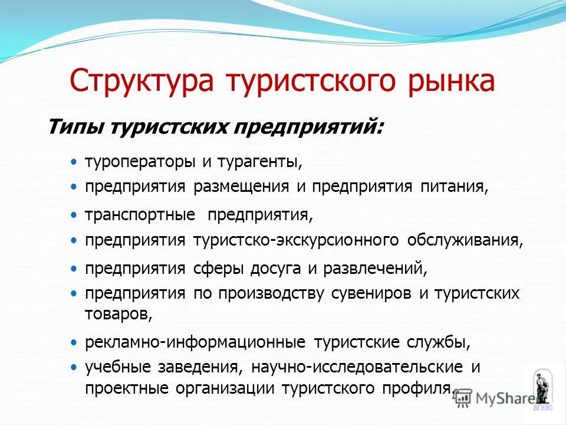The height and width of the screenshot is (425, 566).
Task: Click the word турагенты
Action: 260,161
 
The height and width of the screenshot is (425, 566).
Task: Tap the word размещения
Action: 241,187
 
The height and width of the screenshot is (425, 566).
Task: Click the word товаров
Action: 119,314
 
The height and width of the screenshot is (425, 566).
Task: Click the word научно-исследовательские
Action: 357,367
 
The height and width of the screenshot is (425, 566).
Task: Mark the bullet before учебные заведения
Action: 73,367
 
